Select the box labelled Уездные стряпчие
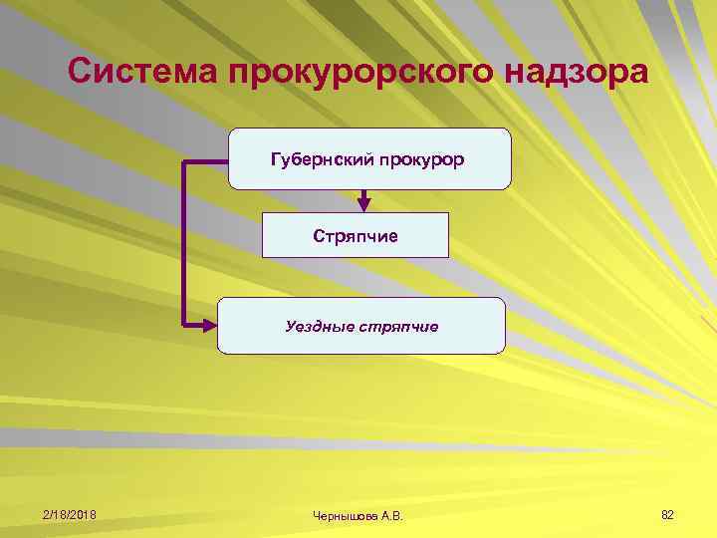coord(360,325)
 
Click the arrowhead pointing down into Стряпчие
coord(364,204)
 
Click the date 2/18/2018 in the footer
coord(70,514)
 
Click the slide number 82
coord(667,514)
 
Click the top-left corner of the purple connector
coord(184,159)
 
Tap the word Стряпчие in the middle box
coord(356,236)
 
